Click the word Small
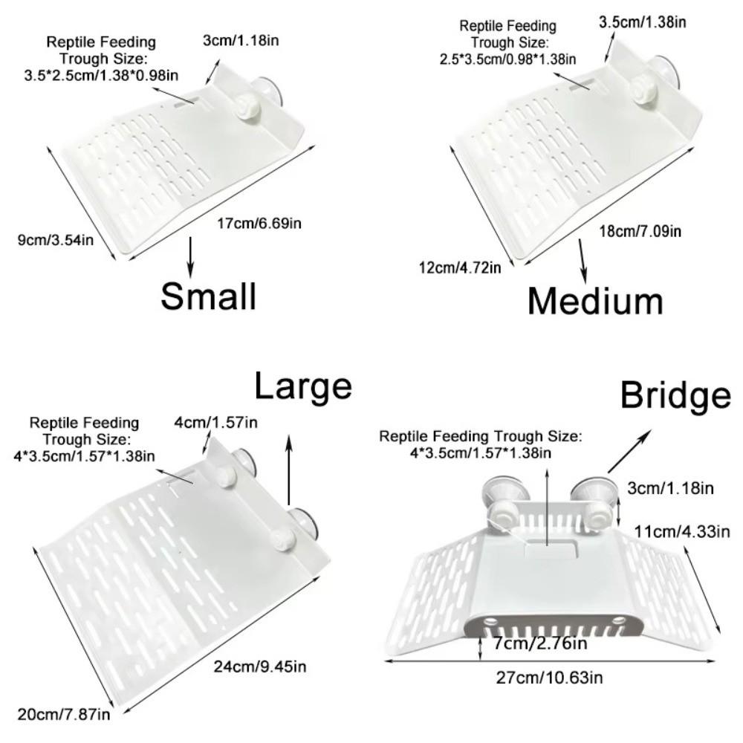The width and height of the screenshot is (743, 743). point(209,296)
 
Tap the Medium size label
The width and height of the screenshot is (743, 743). point(595,302)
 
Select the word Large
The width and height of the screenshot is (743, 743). point(302,386)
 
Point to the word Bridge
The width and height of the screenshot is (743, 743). point(675,396)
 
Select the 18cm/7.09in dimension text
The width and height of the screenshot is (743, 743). point(640,231)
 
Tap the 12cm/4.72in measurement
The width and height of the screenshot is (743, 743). point(460,267)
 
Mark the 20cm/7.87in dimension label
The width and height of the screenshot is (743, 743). point(63,715)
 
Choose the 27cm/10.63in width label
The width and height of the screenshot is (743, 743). point(551,677)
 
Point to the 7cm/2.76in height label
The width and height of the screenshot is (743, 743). point(540,643)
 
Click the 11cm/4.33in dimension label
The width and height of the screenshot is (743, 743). point(682,531)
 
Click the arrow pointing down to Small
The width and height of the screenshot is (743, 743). point(192,256)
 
